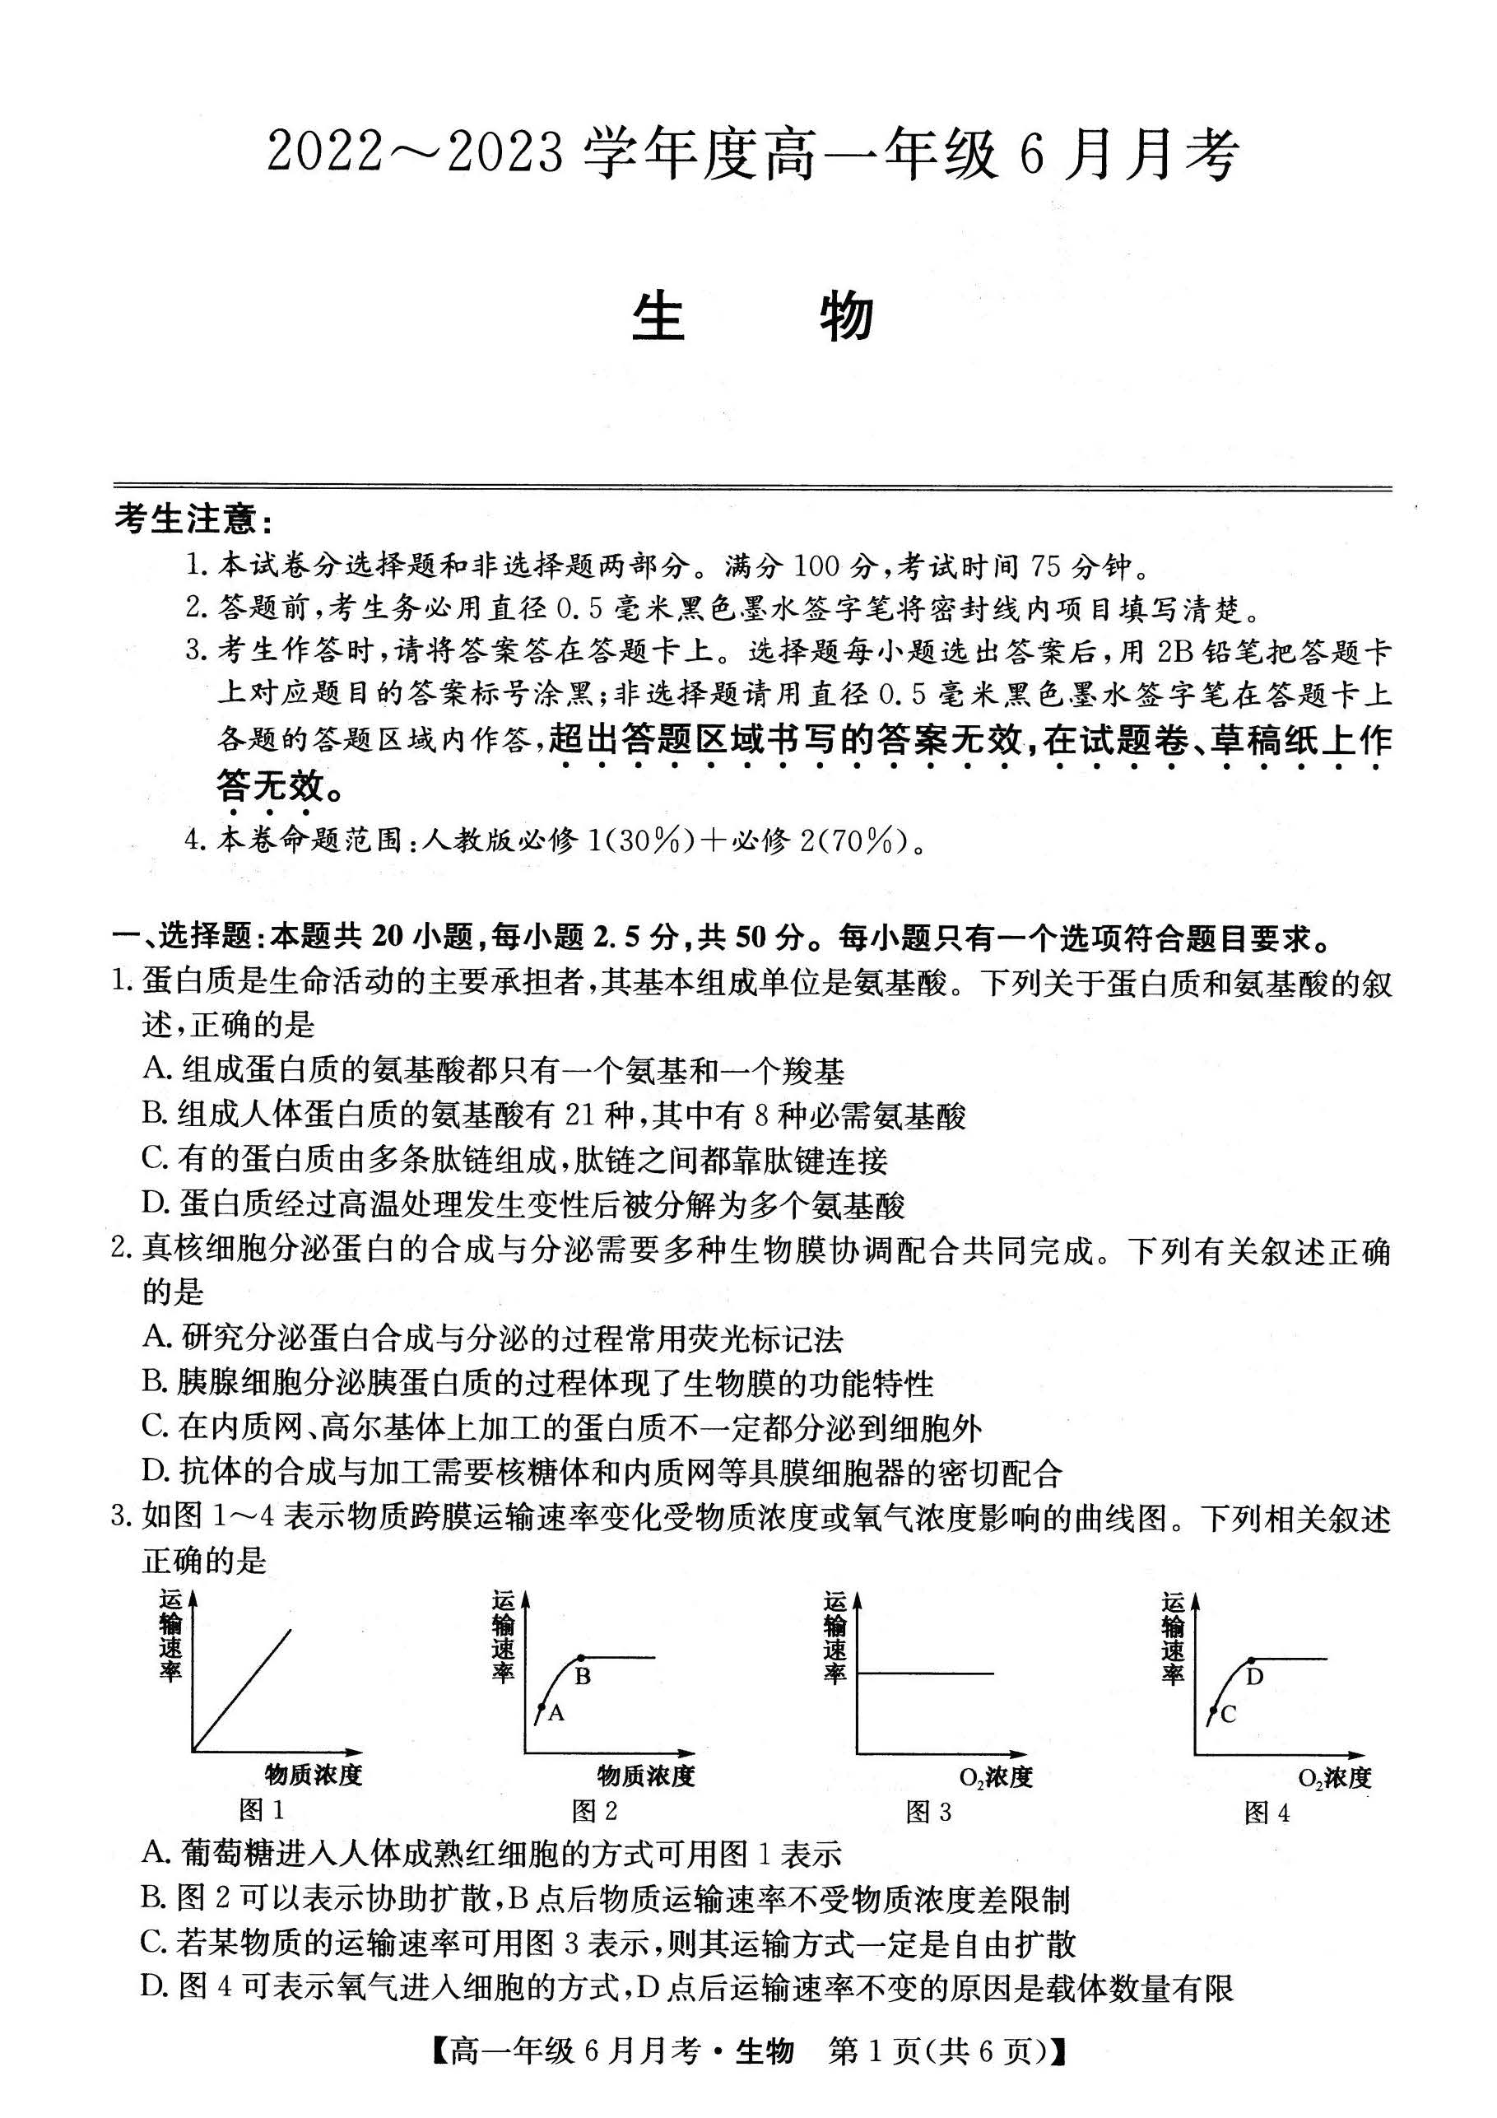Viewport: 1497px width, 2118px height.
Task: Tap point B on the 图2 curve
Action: pos(580,1658)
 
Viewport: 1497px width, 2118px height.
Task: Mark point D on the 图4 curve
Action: pos(1251,1659)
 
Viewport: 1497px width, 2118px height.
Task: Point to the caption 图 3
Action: pos(927,1811)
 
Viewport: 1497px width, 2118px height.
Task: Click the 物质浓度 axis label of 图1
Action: pos(314,1774)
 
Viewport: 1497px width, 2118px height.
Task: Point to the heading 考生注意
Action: pos(193,521)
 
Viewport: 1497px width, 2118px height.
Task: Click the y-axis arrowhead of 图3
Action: pos(857,1599)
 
